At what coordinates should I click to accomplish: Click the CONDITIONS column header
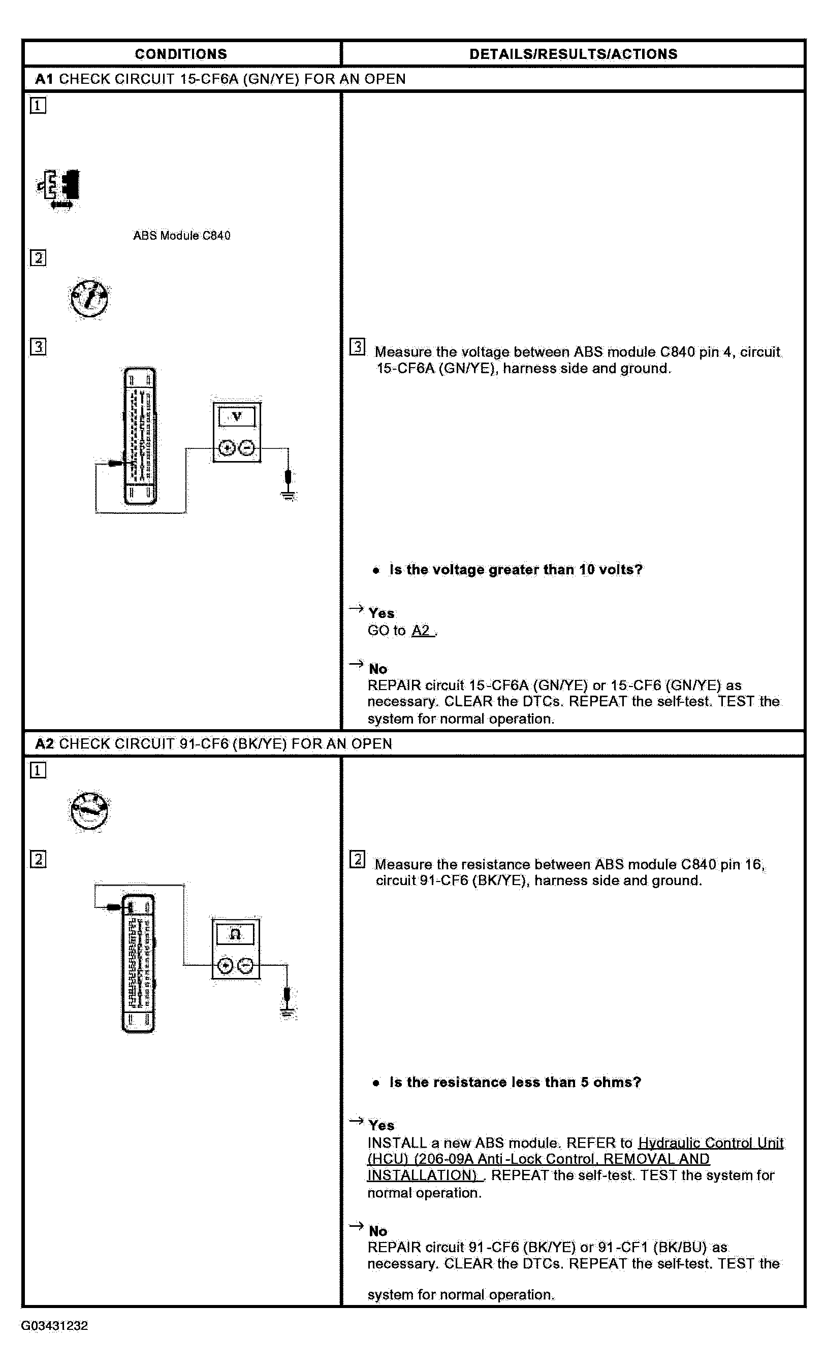click(x=181, y=54)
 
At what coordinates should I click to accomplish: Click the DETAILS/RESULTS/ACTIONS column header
click(x=574, y=54)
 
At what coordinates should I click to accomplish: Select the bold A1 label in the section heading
click(x=44, y=79)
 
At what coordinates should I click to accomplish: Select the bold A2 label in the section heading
click(x=44, y=743)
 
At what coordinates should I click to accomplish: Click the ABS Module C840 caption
click(x=181, y=236)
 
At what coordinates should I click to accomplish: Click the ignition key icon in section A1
click(x=89, y=299)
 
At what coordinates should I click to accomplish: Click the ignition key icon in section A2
click(x=89, y=811)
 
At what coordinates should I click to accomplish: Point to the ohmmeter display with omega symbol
click(x=235, y=934)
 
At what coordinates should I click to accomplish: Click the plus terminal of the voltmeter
click(x=227, y=448)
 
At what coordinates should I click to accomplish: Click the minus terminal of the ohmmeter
click(x=246, y=966)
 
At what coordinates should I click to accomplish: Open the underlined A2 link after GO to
click(x=421, y=631)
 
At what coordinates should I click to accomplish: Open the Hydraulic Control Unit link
click(x=710, y=1143)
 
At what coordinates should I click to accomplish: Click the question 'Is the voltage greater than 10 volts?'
click(x=516, y=570)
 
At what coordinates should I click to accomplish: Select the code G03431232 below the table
click(x=54, y=1325)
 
